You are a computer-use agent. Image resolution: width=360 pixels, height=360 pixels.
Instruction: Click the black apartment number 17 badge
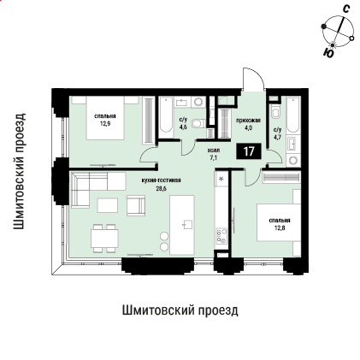[249, 151]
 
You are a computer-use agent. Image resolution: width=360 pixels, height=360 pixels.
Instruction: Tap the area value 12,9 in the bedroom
[105, 124]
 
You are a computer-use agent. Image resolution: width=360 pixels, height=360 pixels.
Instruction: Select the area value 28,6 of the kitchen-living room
[161, 188]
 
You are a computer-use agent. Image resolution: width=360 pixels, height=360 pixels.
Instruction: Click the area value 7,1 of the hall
[214, 157]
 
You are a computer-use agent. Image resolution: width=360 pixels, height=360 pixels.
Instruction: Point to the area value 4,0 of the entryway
[248, 128]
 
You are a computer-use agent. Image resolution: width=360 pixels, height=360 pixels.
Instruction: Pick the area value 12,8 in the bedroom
[280, 227]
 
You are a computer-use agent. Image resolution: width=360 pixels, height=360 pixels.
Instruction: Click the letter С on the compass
[346, 9]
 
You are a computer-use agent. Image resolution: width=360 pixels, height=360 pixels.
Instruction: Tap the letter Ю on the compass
[328, 53]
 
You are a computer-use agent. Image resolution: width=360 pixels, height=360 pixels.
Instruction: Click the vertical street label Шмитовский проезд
[19, 171]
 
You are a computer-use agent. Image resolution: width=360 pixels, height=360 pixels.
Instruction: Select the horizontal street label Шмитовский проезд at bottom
[180, 310]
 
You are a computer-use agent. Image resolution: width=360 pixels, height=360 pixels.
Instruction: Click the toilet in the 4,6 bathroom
[198, 124]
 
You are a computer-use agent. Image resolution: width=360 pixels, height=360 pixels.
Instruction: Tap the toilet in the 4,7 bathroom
[276, 112]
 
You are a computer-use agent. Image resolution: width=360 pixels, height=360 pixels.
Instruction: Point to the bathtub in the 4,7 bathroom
[293, 115]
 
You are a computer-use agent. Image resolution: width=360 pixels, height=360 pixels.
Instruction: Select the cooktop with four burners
[221, 235]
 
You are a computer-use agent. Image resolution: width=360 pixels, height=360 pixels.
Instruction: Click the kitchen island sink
[187, 225]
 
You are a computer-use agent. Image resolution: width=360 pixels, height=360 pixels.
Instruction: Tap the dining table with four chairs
[104, 239]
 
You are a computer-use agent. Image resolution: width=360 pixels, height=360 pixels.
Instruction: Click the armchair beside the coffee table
[136, 205]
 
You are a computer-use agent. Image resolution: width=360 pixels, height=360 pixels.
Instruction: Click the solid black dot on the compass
[323, 27]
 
